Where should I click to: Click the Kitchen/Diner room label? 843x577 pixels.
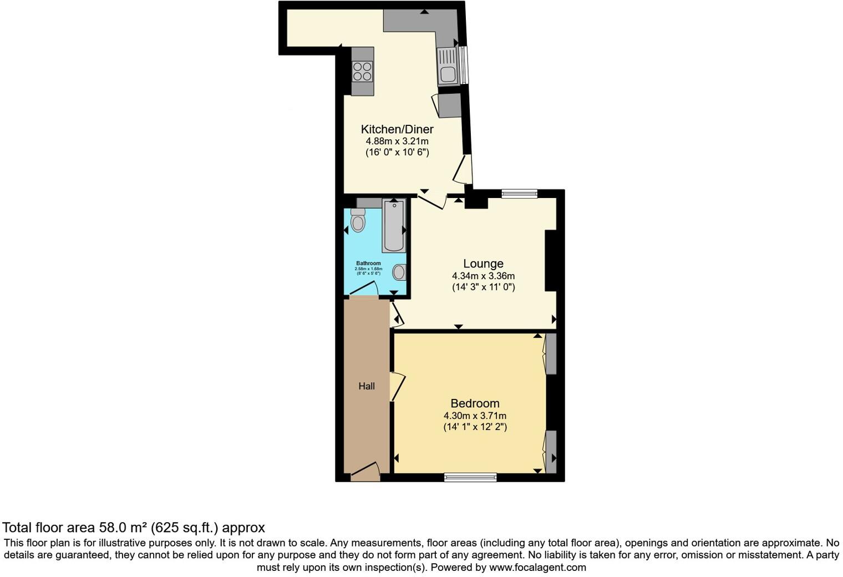point(397,129)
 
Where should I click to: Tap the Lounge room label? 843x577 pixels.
point(483,264)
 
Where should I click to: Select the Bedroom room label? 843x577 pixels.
point(475,403)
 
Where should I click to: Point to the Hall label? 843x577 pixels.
point(367,386)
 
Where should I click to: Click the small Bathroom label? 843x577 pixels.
point(368,264)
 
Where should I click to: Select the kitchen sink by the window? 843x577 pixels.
point(447,66)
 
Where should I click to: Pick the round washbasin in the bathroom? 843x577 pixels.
point(399,272)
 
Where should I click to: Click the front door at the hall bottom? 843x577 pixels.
point(365,470)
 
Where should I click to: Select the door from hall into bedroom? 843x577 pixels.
point(397,386)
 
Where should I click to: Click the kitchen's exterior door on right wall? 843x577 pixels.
point(464,169)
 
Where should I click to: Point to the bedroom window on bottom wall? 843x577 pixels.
point(470,477)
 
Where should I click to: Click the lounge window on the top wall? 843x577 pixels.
point(520,194)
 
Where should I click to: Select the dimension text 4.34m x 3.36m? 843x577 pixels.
point(483,276)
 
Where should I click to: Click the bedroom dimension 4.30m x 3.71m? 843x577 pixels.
point(475,416)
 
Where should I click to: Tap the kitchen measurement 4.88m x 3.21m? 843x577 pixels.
point(397,141)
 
